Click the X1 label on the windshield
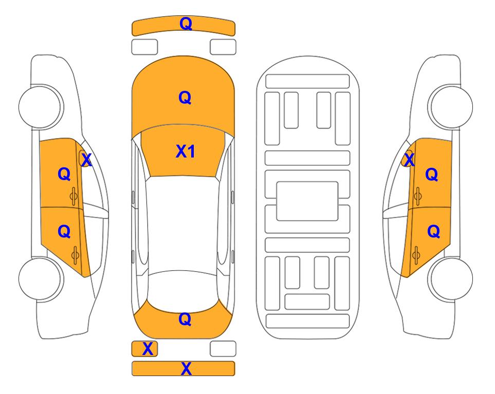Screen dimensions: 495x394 (186, 151)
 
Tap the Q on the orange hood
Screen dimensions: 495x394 (185, 97)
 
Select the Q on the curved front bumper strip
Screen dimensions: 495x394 (186, 23)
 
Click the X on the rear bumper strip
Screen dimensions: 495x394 (186, 368)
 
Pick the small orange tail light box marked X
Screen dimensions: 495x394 (144, 349)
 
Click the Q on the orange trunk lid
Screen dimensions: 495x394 (185, 319)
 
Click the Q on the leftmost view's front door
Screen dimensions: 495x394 (64, 174)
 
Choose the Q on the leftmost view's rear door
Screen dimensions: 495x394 (64, 232)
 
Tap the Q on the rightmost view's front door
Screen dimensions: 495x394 (432, 174)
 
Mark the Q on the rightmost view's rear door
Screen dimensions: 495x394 (433, 232)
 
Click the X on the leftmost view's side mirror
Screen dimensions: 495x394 (86, 160)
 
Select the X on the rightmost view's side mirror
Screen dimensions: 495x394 (409, 159)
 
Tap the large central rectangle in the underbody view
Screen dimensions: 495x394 (307, 201)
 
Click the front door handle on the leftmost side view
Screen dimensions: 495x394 (74, 196)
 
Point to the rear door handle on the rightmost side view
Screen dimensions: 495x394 (416, 255)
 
